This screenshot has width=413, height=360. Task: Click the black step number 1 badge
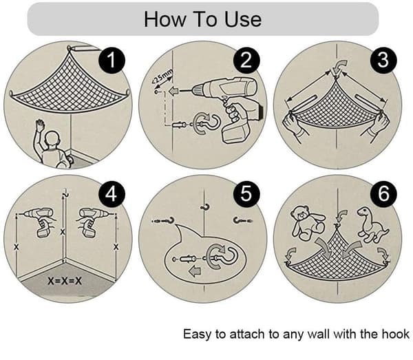[112, 61]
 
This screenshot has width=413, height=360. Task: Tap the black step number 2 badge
[246, 61]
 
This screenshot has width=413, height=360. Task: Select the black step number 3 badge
[383, 61]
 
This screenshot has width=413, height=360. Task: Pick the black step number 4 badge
[112, 194]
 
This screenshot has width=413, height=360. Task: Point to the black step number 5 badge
[246, 194]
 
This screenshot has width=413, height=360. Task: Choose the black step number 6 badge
[383, 194]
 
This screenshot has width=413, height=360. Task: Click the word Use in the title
[243, 19]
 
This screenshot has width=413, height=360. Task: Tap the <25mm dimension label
[162, 77]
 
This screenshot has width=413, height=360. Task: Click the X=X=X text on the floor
[65, 281]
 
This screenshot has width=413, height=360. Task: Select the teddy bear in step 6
[307, 222]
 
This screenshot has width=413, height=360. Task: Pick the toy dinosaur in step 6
[372, 224]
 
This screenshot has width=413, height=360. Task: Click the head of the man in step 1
[52, 139]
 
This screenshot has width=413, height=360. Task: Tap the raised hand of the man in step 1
[40, 125]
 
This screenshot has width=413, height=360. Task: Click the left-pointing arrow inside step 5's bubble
[195, 271]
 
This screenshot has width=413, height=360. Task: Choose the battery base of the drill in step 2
[235, 133]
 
